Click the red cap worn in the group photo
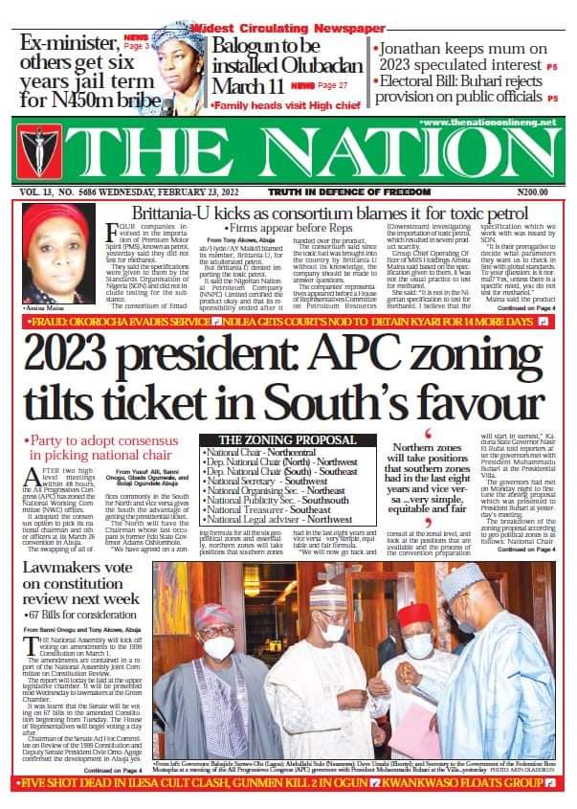(414, 613)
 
